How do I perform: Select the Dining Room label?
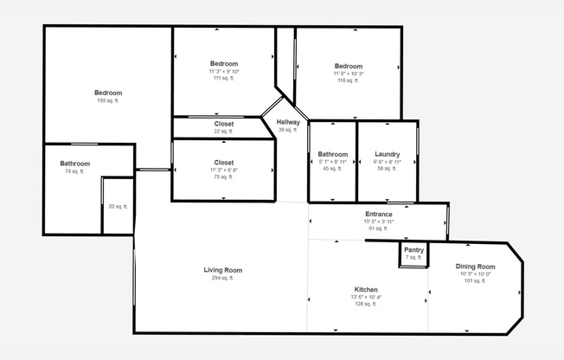475,267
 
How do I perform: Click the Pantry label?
413,250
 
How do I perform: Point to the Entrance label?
379,214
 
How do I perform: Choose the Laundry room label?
387,154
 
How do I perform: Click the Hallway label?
288,122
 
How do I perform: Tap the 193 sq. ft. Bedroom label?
108,93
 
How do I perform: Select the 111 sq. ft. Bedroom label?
224,63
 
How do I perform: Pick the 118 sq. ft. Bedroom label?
349,66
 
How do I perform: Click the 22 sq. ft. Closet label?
224,124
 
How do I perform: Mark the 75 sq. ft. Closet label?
224,163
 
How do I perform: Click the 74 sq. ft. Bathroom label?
74,164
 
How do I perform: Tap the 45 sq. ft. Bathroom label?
333,154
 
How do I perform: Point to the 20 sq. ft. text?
118,206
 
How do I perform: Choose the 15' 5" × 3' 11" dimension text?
379,222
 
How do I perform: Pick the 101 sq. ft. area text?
475,281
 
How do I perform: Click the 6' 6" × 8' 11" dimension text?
387,162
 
